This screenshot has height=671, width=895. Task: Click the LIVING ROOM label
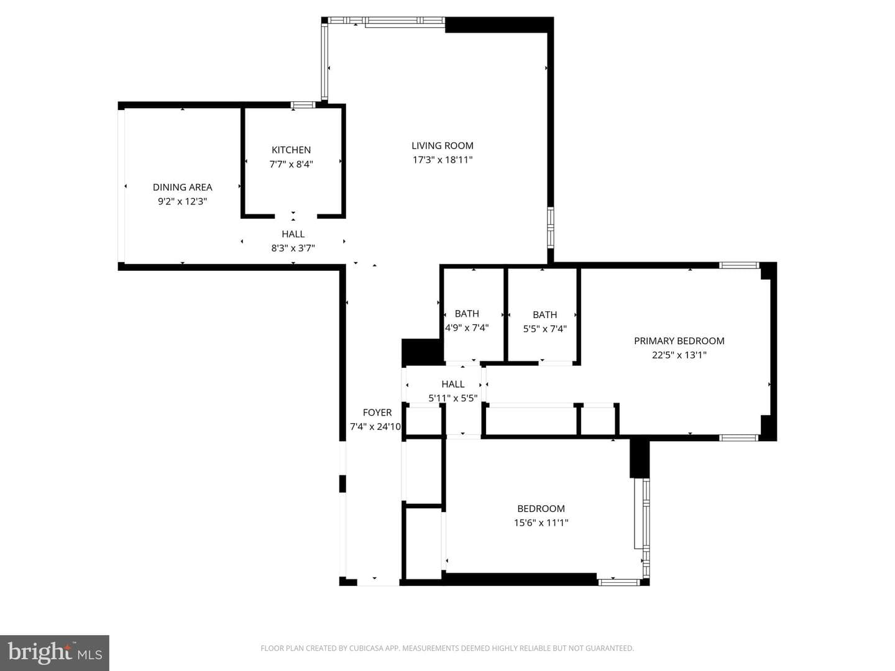[443, 145]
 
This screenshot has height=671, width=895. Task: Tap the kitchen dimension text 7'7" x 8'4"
[291, 164]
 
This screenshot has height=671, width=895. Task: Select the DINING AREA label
[182, 187]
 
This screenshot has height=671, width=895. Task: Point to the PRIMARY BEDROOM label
[679, 340]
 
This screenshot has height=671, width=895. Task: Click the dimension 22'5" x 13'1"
[679, 355]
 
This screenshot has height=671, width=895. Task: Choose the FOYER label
[377, 413]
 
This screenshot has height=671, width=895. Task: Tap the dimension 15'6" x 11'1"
[541, 523]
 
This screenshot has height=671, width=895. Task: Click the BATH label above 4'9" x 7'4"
[467, 313]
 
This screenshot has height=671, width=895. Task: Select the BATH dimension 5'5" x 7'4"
[544, 329]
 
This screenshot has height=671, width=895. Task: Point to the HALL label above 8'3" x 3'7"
[293, 234]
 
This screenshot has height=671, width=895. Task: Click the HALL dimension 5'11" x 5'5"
[452, 398]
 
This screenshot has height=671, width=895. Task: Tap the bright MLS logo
[55, 653]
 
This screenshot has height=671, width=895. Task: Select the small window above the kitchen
[303, 105]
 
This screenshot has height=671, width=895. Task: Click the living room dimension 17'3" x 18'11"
[443, 160]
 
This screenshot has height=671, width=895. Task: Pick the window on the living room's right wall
[551, 227]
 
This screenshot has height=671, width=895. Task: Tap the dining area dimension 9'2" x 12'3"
[182, 201]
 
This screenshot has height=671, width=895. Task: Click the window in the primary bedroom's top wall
[739, 265]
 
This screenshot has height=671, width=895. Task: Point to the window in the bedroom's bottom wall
[619, 582]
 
